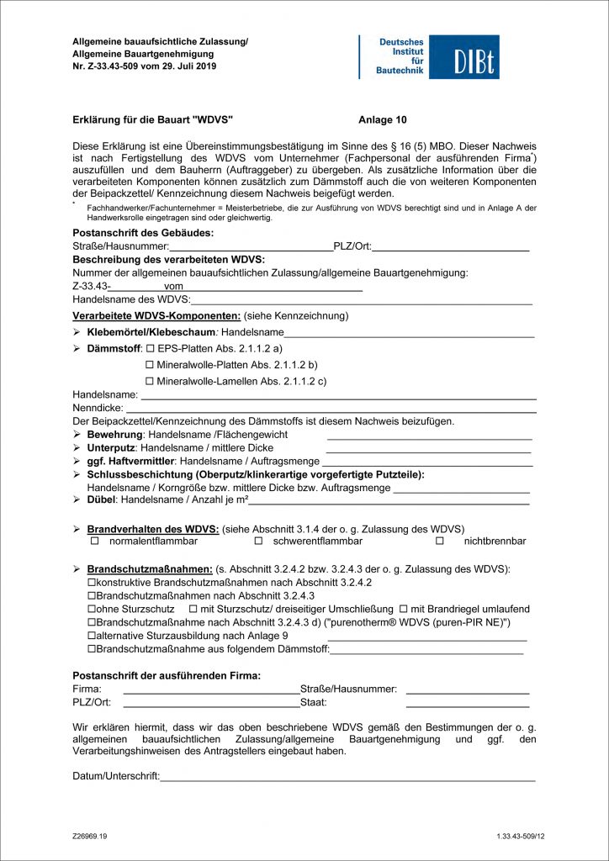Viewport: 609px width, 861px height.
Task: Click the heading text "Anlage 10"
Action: coord(382,120)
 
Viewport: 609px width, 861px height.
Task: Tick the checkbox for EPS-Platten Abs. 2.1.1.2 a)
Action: coord(151,347)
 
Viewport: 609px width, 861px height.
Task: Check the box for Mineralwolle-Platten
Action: coord(151,364)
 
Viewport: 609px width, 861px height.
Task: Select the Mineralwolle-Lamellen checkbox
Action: coord(151,381)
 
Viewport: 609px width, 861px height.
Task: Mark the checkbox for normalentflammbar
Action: coord(95,541)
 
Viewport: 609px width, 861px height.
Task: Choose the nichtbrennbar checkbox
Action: coord(440,541)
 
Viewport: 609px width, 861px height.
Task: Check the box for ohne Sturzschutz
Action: coord(93,609)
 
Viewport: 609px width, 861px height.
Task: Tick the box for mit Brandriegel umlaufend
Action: coord(404,609)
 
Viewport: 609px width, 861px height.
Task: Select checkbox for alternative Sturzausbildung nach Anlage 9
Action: coord(93,636)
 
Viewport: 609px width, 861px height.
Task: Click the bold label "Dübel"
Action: coord(102,500)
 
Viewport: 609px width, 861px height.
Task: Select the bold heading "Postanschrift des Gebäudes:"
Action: coord(143,232)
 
